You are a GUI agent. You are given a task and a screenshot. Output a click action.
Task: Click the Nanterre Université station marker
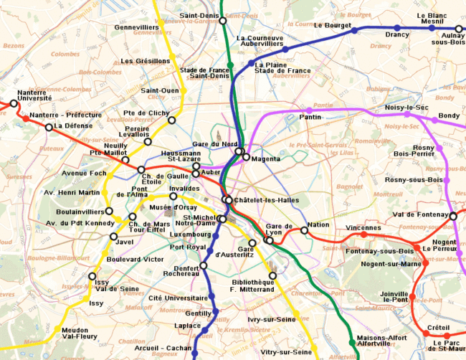13,104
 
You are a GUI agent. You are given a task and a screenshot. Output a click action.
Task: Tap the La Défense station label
73,125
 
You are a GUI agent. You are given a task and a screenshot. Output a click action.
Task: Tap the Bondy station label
449,115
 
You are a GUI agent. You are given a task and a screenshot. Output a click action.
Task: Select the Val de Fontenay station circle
453,216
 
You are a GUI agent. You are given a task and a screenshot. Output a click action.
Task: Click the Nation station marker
305,230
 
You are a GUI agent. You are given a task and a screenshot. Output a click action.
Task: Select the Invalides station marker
173,196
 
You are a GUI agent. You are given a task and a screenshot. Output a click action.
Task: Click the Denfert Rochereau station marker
204,265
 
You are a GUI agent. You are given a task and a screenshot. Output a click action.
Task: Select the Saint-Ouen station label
160,90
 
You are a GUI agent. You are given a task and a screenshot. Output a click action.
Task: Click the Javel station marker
113,236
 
